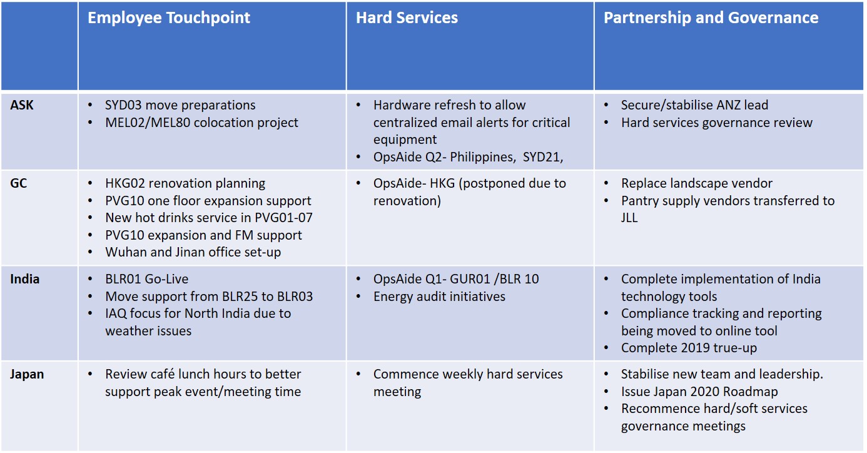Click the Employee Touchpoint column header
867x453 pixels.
(169, 18)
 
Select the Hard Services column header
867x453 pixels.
(407, 18)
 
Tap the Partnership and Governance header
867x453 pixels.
(711, 18)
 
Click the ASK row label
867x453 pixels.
(22, 105)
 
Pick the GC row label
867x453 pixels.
(19, 183)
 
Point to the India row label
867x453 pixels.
(25, 279)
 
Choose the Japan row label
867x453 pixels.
(27, 374)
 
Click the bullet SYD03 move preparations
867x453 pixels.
(180, 105)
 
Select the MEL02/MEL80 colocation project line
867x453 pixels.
(201, 123)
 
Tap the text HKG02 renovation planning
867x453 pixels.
(185, 183)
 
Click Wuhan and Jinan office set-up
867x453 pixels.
(193, 252)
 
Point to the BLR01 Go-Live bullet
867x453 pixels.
(147, 279)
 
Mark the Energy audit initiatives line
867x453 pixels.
(439, 297)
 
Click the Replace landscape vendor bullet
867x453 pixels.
(697, 183)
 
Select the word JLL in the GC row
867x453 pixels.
(629, 218)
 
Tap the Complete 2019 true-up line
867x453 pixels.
(689, 348)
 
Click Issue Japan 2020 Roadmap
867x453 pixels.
(699, 392)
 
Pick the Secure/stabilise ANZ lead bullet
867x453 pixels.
(695, 105)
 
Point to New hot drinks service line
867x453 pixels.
(209, 218)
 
